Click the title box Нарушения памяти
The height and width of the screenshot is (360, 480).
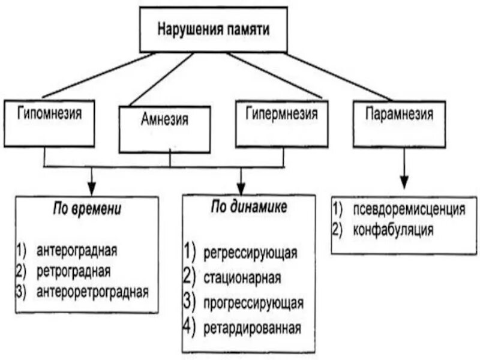coord(213,29)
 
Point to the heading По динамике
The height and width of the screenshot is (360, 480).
coord(249,207)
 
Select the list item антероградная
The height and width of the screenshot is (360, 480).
coord(76,248)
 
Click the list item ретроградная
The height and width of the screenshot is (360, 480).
coord(73,270)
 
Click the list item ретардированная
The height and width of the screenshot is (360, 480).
coord(251,328)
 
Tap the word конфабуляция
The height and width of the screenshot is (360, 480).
coord(394,230)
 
